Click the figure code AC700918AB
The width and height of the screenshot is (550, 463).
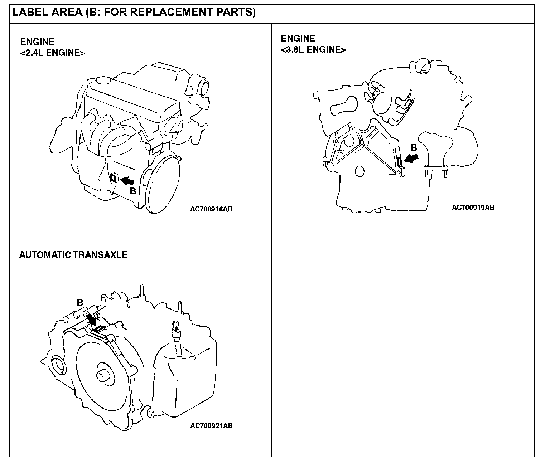[x=211, y=209]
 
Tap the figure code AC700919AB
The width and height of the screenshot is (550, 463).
[x=473, y=208]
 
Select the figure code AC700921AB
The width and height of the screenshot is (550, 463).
[x=211, y=426]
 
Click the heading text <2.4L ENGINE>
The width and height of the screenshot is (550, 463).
[x=53, y=53]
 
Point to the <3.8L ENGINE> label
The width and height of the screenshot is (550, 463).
[x=313, y=50]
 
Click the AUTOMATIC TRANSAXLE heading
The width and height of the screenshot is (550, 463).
[x=73, y=255]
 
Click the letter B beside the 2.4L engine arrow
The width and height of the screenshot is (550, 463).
[x=133, y=191]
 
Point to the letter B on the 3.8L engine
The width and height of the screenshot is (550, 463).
[x=414, y=147]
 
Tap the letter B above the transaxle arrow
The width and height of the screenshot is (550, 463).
[x=80, y=303]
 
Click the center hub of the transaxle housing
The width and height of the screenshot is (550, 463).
[x=104, y=376]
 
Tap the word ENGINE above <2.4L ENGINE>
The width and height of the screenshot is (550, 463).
[x=37, y=42]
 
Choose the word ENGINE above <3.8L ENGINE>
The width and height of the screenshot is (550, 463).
[x=298, y=38]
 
